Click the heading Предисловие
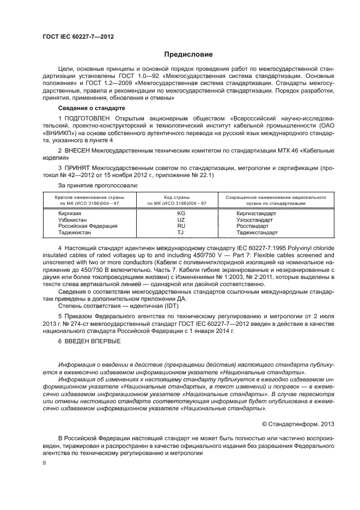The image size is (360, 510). (x=181, y=54)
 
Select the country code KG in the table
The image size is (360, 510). (x=181, y=213)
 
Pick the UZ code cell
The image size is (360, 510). (x=181, y=220)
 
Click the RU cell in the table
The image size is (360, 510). (x=181, y=226)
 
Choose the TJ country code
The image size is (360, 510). (x=181, y=232)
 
